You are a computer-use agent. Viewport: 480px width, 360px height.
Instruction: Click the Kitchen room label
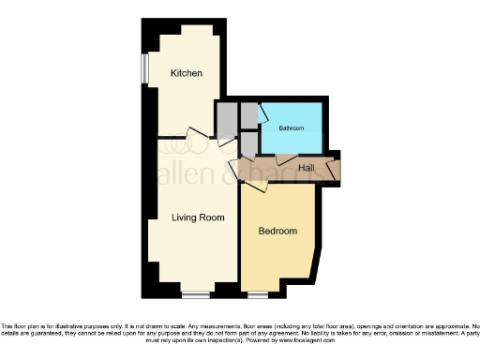pos(187,73)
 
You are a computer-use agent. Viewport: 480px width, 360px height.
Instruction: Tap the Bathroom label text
pos(291,128)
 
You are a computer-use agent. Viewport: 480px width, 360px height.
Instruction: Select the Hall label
pos(306,169)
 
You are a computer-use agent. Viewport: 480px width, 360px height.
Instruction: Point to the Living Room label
pos(198,217)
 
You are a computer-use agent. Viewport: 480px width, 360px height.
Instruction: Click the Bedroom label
pos(277,231)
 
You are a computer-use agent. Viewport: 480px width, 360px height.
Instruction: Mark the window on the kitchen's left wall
pos(145,67)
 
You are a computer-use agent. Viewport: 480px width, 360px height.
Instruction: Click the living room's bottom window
pos(195,295)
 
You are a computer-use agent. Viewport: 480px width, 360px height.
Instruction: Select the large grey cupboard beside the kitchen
pos(227,119)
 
